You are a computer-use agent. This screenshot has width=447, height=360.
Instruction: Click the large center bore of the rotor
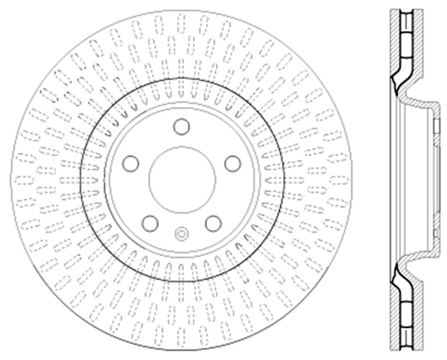(x=182, y=179)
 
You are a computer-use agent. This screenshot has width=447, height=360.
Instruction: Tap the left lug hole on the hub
(x=131, y=164)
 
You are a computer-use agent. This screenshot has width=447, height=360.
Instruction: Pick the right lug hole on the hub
(x=232, y=164)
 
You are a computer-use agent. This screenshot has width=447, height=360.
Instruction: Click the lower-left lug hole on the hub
(x=150, y=223)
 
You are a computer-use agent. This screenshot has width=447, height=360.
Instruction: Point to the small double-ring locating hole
(x=182, y=233)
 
